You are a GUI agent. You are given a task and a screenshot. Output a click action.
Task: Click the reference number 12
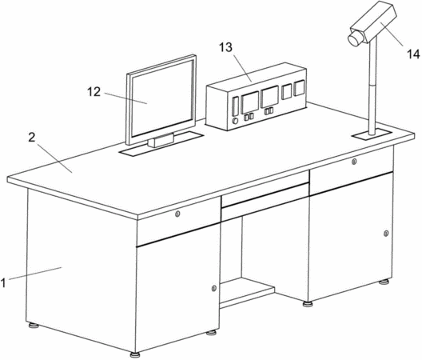(x=94, y=92)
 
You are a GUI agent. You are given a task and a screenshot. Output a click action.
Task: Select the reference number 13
(x=225, y=47)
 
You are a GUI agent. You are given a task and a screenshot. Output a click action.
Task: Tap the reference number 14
(x=413, y=54)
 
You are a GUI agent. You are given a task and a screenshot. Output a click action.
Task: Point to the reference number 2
(x=32, y=138)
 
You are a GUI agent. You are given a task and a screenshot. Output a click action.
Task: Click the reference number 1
(x=3, y=283)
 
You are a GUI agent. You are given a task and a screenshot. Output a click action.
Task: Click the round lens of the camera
(x=354, y=39)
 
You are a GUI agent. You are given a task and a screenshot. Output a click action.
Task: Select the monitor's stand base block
(x=161, y=140)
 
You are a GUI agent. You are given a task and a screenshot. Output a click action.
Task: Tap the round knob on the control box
(x=235, y=121)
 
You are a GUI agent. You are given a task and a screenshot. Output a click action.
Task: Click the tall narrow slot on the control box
(x=236, y=106)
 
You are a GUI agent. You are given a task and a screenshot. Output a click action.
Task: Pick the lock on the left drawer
(x=177, y=214)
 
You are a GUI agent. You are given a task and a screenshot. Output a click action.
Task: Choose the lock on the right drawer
(x=354, y=162)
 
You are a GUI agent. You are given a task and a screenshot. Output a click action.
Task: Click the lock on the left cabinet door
(x=213, y=288)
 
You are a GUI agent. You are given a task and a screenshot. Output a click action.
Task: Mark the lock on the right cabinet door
(x=386, y=234)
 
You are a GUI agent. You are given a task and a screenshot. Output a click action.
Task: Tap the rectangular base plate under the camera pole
(x=372, y=134)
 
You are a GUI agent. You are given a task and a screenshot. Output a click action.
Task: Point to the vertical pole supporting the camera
(x=372, y=86)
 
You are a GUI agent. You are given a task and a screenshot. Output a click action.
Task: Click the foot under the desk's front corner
(x=135, y=354)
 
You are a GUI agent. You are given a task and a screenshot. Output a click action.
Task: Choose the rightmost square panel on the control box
(x=299, y=88)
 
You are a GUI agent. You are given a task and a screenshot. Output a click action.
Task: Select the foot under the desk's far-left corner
(x=34, y=326)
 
